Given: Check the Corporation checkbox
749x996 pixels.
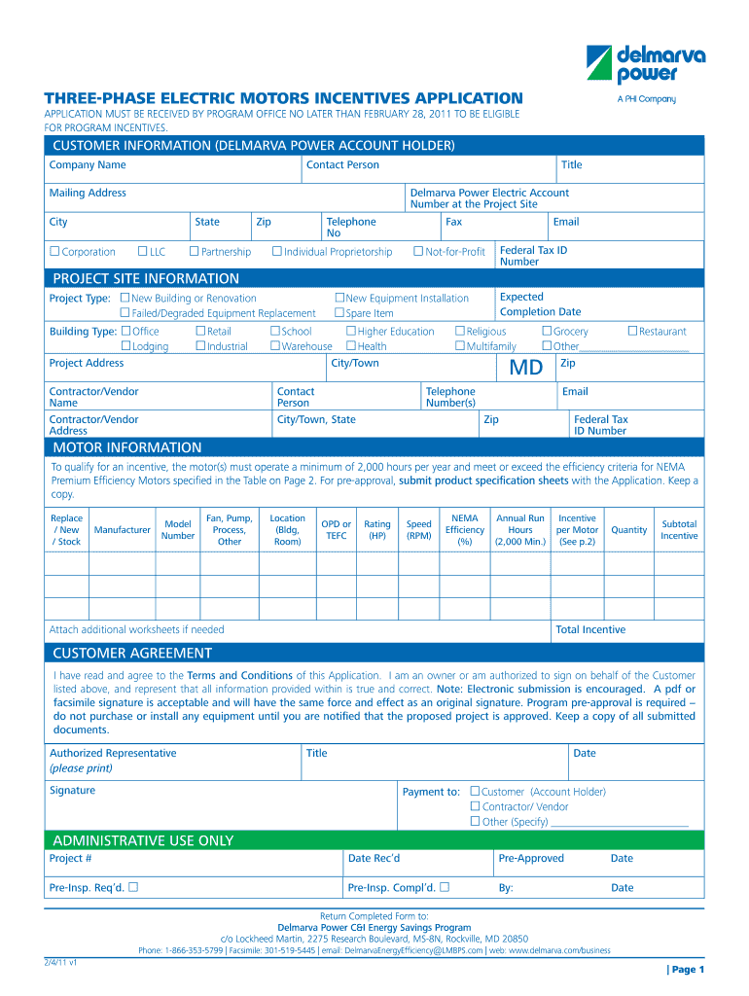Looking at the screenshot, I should coord(54,252).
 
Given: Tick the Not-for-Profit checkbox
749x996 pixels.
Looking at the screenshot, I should coord(418,252).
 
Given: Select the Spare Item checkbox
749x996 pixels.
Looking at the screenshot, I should coord(339,313).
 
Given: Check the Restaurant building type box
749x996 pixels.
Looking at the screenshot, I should coord(632,332).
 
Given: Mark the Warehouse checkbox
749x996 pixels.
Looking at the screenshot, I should coord(275,346).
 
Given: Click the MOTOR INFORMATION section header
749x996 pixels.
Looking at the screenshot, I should coord(127,447).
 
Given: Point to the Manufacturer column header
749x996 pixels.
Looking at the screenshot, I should coord(122,530).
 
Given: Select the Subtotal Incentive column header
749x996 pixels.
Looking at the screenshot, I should coord(679,530).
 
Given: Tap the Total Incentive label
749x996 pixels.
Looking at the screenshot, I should coord(590,630).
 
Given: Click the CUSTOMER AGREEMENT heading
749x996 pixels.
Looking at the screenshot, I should coord(132,653).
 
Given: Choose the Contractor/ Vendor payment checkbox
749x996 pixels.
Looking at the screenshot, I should coord(476,806).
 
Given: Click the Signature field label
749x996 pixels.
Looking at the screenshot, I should coord(73,791).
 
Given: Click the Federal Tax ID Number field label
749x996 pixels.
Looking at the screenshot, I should coord(533,256).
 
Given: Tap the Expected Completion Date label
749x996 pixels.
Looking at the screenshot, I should coord(540,304).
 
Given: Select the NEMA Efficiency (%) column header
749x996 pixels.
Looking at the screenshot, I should coord(465,530).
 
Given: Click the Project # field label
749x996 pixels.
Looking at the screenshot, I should coord(71,859).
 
